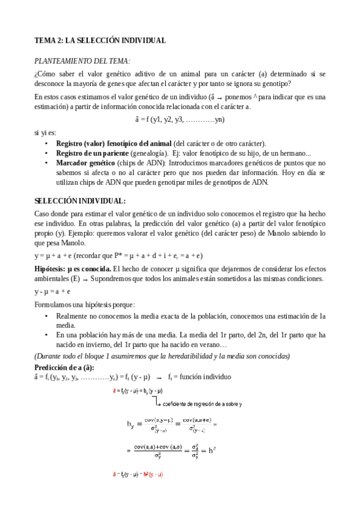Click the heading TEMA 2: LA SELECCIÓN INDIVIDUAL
(x=100, y=40)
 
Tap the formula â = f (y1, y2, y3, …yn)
(x=180, y=119)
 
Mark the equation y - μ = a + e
(x=53, y=291)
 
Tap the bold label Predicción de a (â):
(x=64, y=367)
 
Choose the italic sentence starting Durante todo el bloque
(x=162, y=356)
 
